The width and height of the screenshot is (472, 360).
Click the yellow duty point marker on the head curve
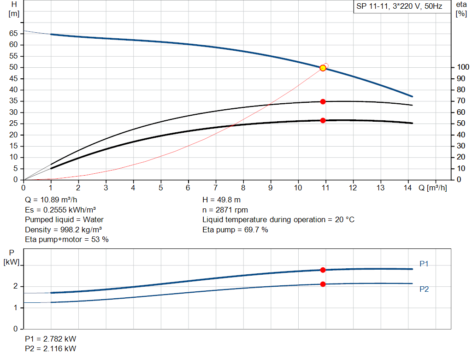(x=323, y=68)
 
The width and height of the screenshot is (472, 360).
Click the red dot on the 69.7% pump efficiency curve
(x=323, y=101)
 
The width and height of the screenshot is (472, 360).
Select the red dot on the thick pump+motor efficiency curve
(x=323, y=120)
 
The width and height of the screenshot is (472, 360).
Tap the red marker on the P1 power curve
(x=323, y=270)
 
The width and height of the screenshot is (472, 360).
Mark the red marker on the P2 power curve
(x=323, y=284)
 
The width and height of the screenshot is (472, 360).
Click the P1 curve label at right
(x=424, y=264)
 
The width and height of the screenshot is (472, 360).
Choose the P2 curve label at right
(x=424, y=289)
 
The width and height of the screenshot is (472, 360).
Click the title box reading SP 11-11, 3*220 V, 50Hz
(x=399, y=6)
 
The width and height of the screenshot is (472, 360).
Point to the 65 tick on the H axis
(x=13, y=34)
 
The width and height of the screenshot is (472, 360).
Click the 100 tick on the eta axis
(x=460, y=67)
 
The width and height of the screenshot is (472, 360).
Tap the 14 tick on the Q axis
(x=408, y=188)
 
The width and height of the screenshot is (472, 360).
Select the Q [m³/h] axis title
(x=432, y=188)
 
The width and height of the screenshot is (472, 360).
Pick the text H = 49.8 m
(x=221, y=200)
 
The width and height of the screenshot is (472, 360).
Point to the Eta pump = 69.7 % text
(x=235, y=230)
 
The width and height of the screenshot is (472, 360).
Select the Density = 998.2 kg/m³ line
(x=64, y=230)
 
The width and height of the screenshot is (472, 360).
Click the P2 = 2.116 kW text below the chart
(x=51, y=348)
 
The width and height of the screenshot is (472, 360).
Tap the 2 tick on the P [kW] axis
(x=15, y=286)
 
